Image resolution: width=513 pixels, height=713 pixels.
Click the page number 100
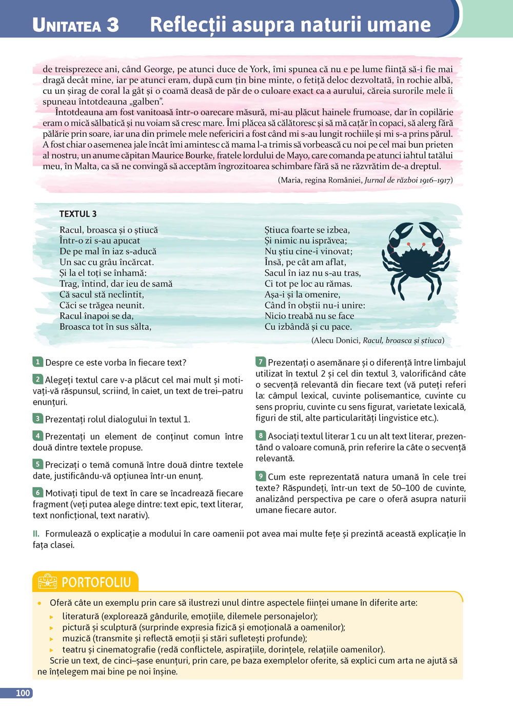click(x=23, y=693)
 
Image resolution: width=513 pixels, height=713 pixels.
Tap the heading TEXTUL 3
click(x=78, y=214)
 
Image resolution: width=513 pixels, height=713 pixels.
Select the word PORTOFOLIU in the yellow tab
click(x=96, y=582)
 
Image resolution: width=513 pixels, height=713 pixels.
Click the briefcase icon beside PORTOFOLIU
click(x=48, y=582)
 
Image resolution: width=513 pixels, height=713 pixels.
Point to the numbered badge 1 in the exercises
click(x=37, y=362)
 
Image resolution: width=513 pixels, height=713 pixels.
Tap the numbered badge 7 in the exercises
click(x=261, y=362)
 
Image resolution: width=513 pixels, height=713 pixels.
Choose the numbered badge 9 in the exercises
click(x=261, y=477)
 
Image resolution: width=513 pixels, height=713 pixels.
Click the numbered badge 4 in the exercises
click(x=37, y=436)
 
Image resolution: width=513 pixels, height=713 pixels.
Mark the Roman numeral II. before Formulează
click(x=36, y=533)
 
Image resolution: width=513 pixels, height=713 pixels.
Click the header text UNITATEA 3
click(x=75, y=25)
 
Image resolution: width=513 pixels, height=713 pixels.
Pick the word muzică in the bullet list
click(x=76, y=638)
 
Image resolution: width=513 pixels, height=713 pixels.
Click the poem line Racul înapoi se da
click(x=96, y=316)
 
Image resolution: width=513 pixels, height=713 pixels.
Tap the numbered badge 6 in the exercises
click(x=37, y=492)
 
